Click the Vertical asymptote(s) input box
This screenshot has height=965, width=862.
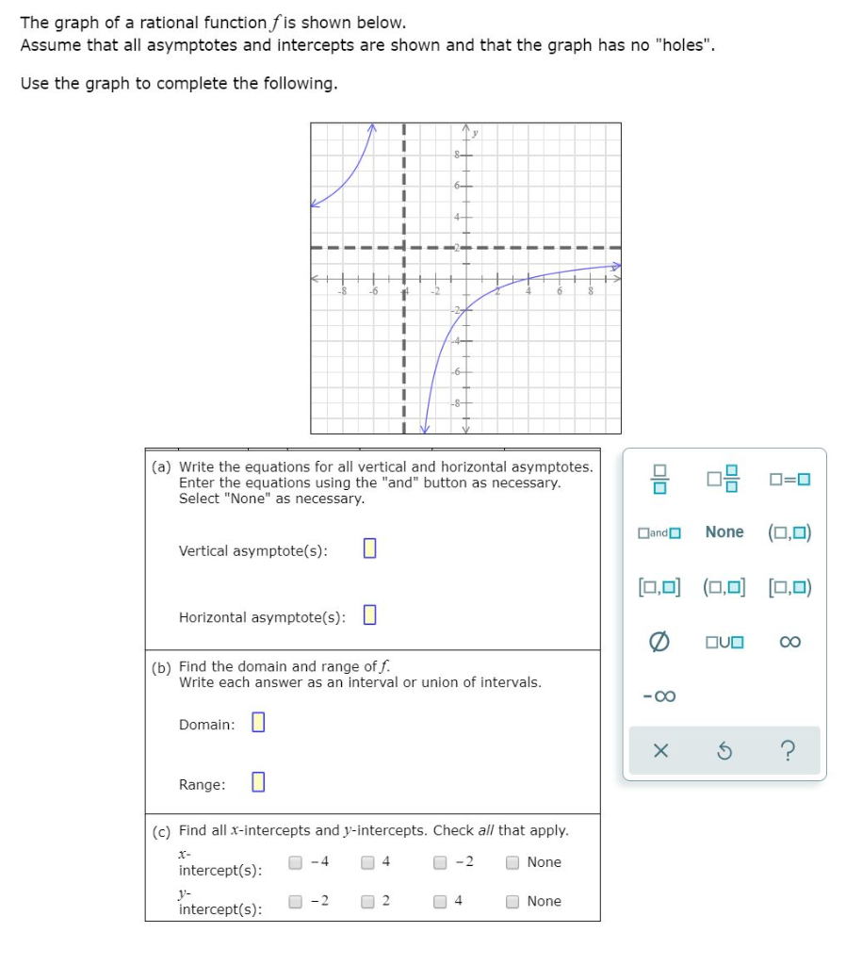click(369, 548)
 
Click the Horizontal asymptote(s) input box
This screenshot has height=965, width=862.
click(370, 615)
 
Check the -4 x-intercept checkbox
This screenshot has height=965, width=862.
click(296, 861)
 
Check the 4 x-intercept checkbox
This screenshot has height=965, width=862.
click(368, 861)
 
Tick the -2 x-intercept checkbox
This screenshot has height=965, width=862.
click(441, 861)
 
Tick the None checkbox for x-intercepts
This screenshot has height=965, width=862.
click(512, 861)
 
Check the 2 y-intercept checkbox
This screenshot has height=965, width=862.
click(368, 901)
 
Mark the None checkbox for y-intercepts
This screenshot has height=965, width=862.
click(512, 901)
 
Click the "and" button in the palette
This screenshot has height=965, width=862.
click(659, 532)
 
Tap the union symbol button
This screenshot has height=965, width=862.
click(724, 643)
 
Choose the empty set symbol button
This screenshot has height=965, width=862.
click(659, 643)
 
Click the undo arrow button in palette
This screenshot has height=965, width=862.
click(724, 751)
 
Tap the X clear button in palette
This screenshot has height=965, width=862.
click(660, 751)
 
